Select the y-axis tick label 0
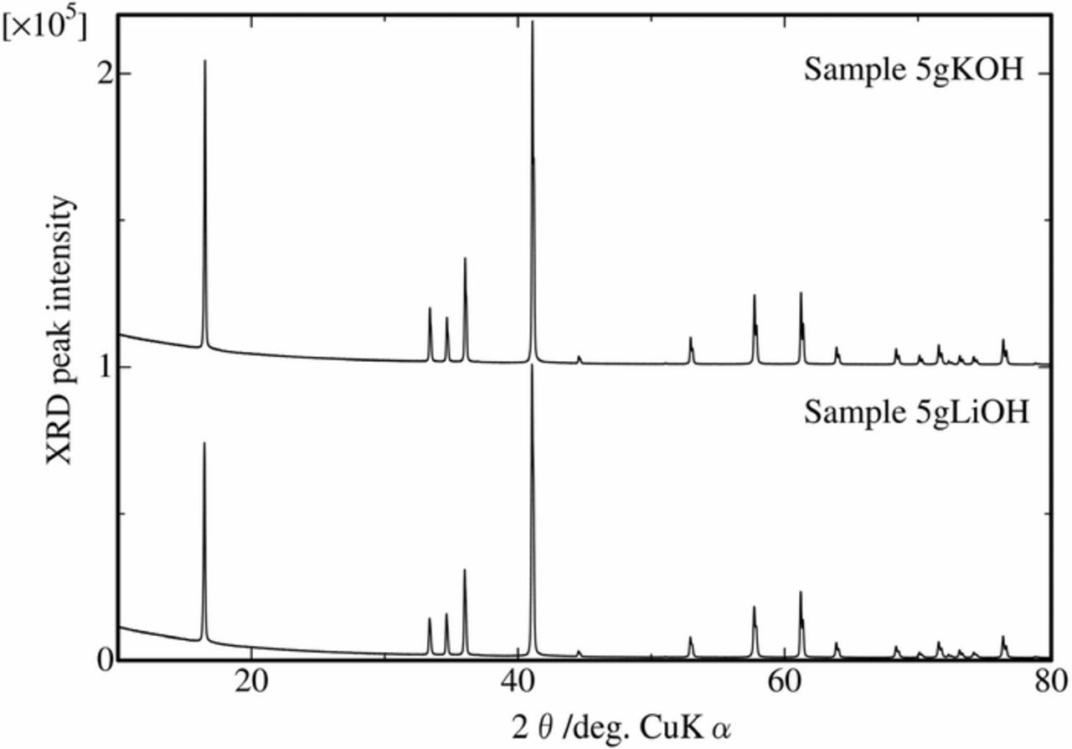coord(105,660)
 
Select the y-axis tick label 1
coord(105,367)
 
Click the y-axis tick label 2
coord(105,74)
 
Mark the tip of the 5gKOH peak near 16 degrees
coord(204,60)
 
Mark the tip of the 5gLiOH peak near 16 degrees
coord(204,442)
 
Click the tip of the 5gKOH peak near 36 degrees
coord(465,258)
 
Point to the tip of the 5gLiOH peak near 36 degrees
coord(464,570)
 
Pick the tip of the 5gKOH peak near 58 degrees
coord(755,295)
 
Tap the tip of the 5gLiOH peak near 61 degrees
coord(801,592)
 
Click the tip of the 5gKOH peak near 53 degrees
coord(690,338)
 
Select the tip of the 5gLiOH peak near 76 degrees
coord(1002,637)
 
